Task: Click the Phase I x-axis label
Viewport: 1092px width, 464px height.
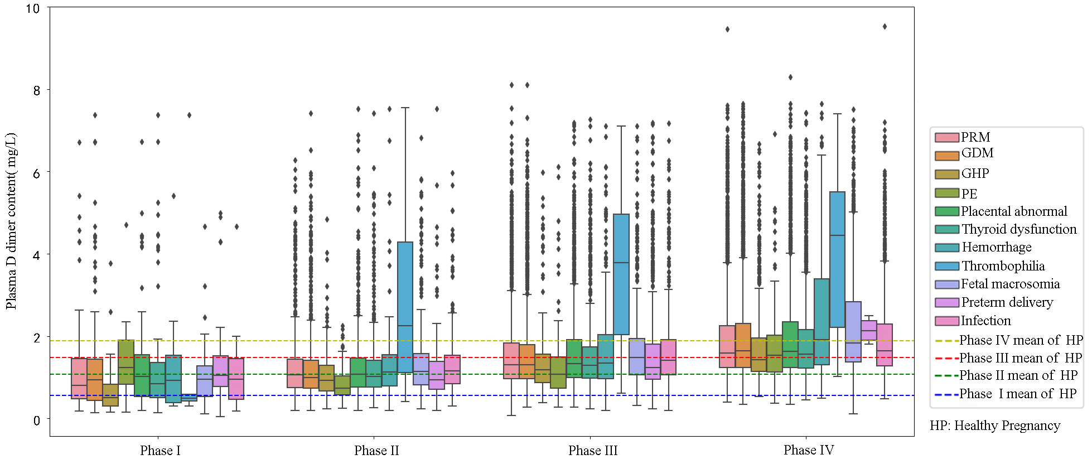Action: (160, 451)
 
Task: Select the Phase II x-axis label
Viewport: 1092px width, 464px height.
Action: (376, 451)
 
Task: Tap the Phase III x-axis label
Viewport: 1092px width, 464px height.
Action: (593, 451)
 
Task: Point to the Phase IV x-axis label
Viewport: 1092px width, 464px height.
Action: (809, 451)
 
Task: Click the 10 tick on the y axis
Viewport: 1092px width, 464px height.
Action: (33, 9)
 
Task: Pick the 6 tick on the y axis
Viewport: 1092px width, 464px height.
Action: (36, 173)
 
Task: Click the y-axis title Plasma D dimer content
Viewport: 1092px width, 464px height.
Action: (11, 221)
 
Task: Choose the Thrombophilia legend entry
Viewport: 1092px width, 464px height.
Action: (1003, 266)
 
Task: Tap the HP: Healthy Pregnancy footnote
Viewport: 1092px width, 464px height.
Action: (995, 426)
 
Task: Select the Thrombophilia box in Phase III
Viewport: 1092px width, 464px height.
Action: (621, 274)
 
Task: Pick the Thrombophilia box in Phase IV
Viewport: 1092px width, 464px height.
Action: (837, 259)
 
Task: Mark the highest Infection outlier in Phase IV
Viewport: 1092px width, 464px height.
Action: (885, 27)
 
